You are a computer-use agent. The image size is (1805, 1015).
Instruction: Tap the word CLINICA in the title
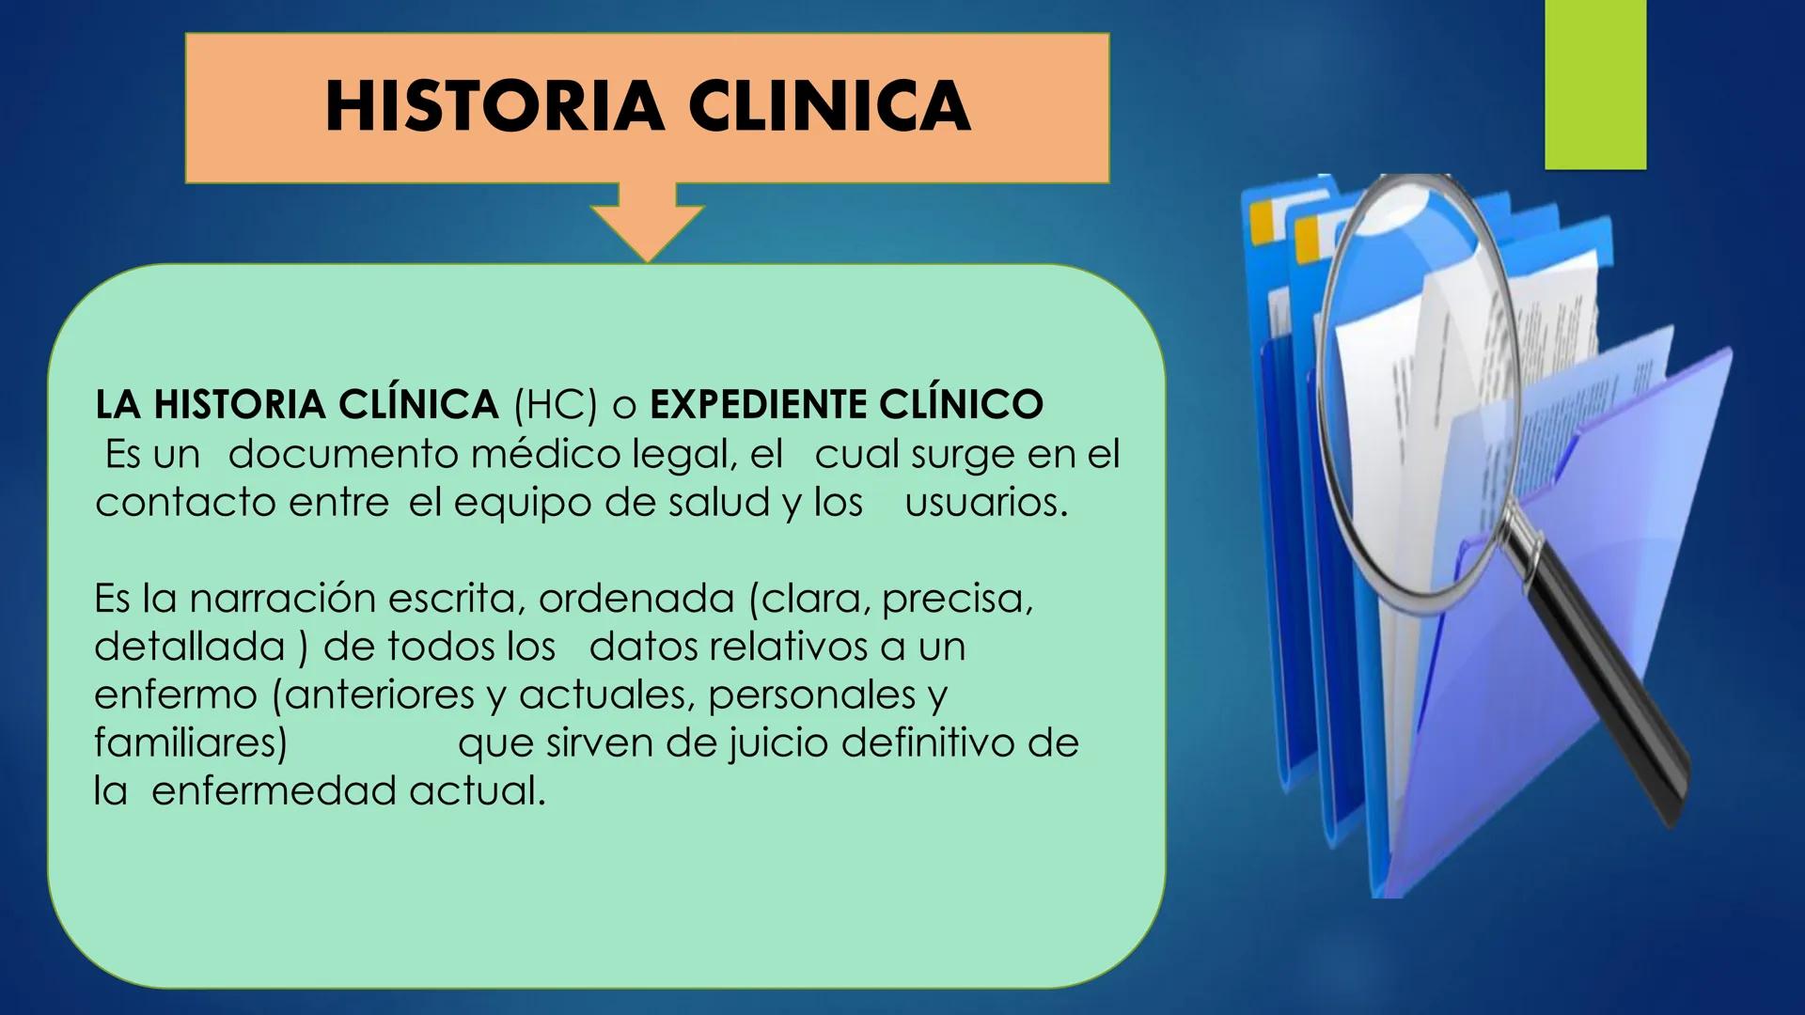point(831,105)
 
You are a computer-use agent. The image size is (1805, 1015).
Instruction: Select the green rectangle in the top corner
point(1595,85)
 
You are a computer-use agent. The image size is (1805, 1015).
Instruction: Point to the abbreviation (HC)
point(556,405)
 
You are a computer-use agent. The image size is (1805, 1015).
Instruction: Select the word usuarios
point(986,503)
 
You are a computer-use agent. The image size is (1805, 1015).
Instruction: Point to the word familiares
point(190,743)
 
